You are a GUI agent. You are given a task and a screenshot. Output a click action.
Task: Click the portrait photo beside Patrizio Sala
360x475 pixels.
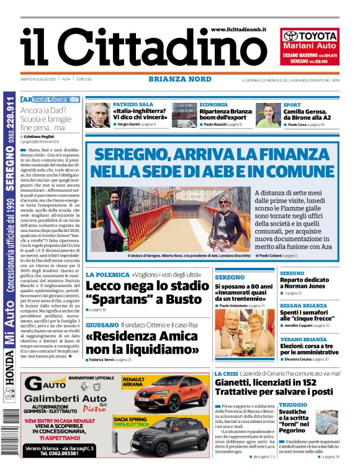97,115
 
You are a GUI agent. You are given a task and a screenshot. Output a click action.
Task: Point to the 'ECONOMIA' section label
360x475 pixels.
214,105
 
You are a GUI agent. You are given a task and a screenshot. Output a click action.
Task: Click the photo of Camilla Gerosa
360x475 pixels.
268,115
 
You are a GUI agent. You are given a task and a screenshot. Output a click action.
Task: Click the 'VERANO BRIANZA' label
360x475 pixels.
303,340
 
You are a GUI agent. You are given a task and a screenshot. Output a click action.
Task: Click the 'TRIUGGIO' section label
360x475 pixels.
293,405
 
